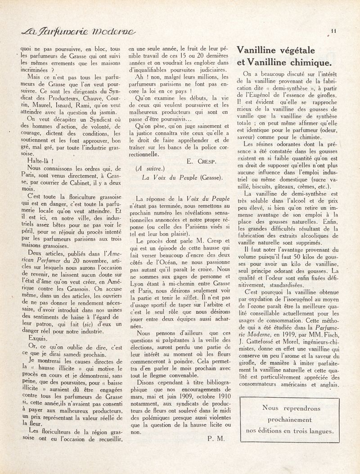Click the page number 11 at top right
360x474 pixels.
(x=333, y=31)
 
